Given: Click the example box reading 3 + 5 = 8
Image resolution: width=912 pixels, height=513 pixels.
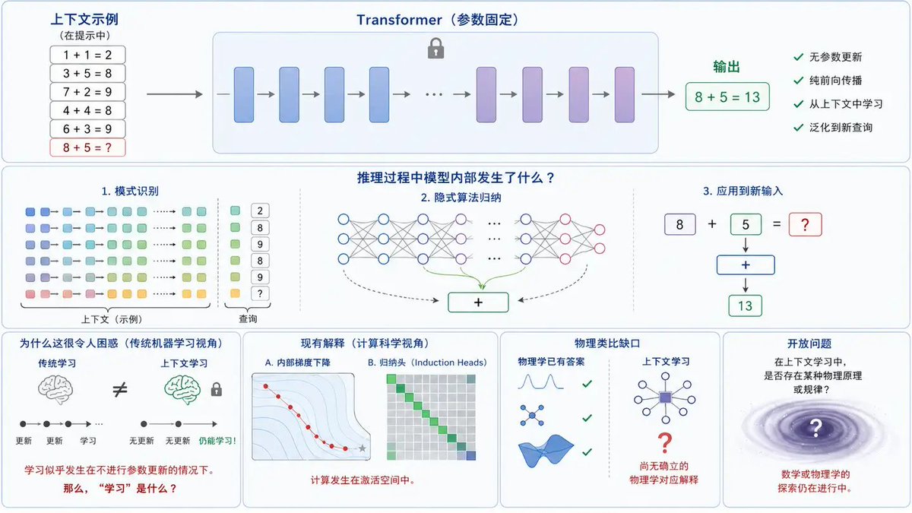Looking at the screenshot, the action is [x=87, y=73].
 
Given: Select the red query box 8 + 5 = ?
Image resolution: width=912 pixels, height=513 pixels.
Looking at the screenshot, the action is [x=87, y=147].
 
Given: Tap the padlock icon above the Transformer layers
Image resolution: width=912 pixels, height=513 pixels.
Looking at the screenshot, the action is [x=435, y=49].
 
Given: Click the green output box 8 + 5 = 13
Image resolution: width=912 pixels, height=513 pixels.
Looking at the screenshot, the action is [x=727, y=97].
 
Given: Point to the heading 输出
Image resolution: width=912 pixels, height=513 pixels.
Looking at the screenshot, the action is [x=727, y=67].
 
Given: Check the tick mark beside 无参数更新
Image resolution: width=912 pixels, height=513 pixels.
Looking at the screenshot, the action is [x=799, y=57].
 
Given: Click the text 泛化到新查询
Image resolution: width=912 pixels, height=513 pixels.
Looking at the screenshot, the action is [x=841, y=128].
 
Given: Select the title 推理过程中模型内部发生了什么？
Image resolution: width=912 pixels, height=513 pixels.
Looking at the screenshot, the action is [x=456, y=178].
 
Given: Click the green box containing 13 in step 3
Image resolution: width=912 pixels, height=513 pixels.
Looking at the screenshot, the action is [x=745, y=306].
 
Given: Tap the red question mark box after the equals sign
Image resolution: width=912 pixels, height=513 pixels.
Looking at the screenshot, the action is [x=805, y=224].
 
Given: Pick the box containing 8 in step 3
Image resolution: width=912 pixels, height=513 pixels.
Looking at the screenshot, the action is [x=679, y=224].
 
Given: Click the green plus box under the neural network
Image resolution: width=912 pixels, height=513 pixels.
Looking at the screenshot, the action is [x=478, y=302].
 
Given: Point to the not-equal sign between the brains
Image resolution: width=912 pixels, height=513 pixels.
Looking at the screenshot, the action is [x=120, y=390].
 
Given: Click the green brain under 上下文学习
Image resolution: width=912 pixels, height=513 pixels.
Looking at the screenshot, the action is [x=182, y=390].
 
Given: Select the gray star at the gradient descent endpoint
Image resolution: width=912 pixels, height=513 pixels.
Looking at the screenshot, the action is [x=362, y=448].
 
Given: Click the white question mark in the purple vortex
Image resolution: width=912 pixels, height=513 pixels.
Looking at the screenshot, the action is [x=815, y=428].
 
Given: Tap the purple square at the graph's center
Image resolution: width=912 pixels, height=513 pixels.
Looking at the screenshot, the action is [x=665, y=397].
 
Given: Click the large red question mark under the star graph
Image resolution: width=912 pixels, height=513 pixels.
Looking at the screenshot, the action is [x=664, y=443].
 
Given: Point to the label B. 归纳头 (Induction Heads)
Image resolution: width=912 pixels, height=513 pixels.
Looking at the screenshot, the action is [x=427, y=363].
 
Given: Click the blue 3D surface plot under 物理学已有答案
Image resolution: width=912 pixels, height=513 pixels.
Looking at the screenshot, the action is [x=546, y=450].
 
